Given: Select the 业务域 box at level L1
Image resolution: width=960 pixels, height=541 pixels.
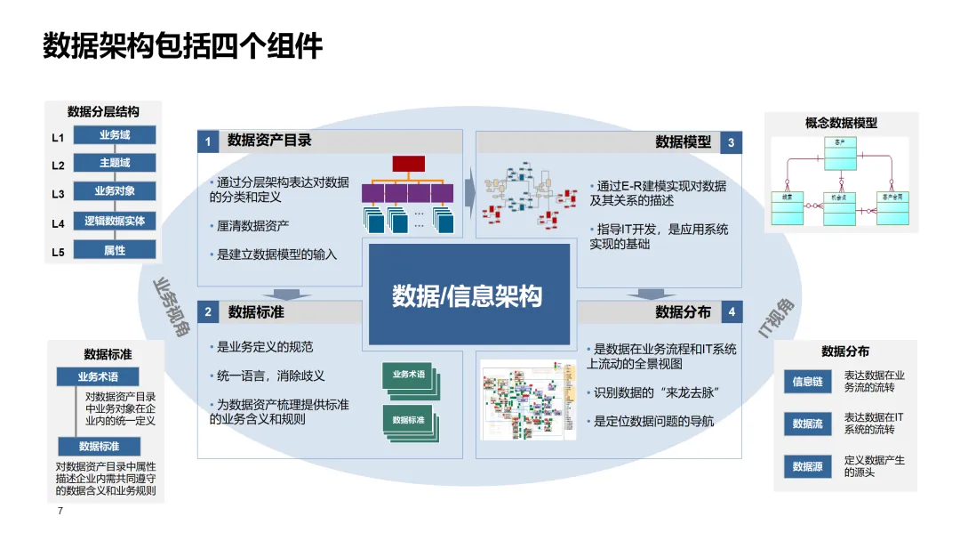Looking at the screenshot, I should tap(115, 135).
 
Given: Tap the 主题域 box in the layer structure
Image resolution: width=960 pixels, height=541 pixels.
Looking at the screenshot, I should tap(115, 163).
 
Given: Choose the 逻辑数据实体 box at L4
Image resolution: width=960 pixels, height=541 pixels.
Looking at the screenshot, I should tap(115, 221).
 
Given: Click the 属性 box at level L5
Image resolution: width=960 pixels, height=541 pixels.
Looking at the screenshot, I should tap(115, 250).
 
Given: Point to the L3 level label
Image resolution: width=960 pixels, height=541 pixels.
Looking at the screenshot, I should tap(58, 193).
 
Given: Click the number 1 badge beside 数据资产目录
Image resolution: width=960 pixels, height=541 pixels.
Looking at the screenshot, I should tap(208, 141).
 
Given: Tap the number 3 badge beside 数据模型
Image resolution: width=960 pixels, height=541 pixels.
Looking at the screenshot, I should tap(731, 142).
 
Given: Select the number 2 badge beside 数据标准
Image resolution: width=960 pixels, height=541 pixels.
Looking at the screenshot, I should tap(208, 312).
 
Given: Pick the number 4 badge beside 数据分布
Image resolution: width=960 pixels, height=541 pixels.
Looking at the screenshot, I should tap(731, 312).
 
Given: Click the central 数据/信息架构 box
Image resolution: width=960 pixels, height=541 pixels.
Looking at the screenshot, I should tap(468, 295).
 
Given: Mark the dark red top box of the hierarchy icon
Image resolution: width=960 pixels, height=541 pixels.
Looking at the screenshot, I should tap(409, 163).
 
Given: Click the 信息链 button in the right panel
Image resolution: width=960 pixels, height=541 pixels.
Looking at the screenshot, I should tap(807, 382).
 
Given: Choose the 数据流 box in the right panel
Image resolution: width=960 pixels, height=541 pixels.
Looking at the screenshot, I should tap(807, 424).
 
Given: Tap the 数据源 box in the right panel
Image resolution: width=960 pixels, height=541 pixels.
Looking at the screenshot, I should tap(807, 466).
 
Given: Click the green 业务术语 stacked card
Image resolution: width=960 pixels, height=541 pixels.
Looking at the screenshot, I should tap(408, 375).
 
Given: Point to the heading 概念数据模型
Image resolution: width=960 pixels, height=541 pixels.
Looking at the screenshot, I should tap(841, 124).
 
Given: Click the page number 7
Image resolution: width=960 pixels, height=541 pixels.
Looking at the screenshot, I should tap(60, 512).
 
